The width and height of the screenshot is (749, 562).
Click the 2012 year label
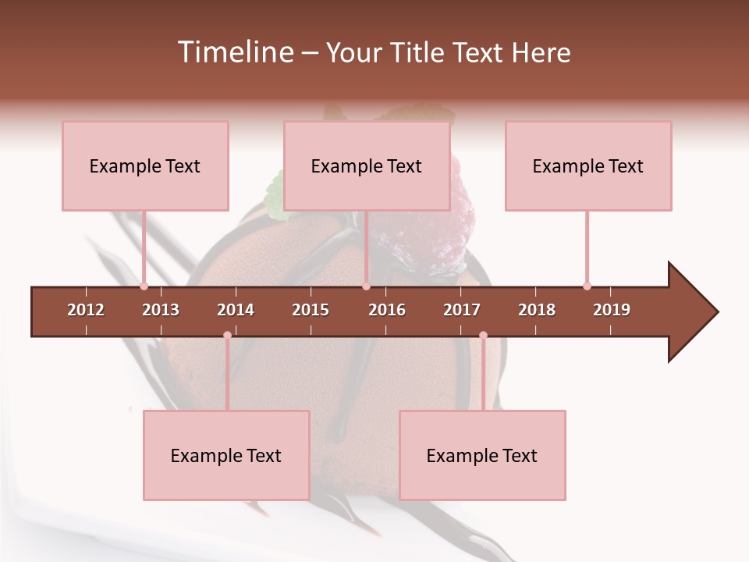(86, 310)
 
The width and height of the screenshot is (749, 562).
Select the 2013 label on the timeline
(161, 310)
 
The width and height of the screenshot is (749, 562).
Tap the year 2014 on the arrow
(236, 310)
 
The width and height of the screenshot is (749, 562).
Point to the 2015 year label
(311, 310)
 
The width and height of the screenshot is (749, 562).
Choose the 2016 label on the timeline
(387, 310)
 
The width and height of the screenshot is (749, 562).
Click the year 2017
(462, 310)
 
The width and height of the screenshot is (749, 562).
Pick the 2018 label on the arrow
(537, 310)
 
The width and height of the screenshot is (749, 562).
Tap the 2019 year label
(612, 310)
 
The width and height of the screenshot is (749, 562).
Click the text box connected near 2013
(145, 165)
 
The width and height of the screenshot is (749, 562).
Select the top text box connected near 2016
(367, 165)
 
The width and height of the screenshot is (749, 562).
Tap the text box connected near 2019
(588, 165)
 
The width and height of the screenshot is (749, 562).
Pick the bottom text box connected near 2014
(226, 455)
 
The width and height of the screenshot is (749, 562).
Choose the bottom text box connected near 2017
(482, 455)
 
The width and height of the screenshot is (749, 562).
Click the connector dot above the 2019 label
(587, 286)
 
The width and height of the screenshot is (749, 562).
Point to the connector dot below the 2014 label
(227, 336)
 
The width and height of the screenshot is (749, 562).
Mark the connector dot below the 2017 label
(483, 336)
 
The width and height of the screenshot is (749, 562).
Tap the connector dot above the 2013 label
(144, 286)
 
